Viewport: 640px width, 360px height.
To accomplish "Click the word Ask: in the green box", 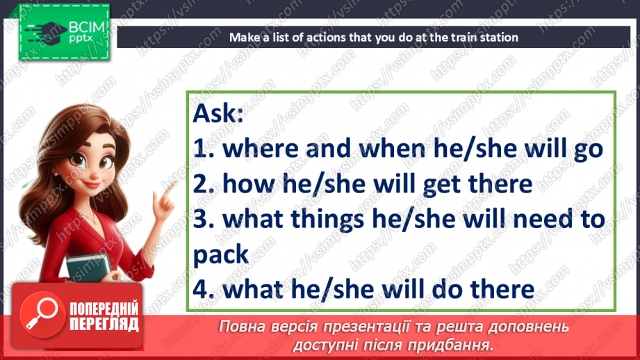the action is coord(218,113).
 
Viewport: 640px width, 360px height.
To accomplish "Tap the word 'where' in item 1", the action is coord(261,148).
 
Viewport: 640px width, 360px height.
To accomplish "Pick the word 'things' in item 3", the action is coord(327,220).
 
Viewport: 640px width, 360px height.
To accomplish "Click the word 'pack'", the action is coord(220,255).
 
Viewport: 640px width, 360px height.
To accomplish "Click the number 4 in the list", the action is coord(201,289).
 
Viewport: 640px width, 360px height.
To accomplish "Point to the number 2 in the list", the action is coord(201,183).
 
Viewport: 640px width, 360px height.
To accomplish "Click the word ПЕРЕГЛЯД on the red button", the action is coord(104,325).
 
